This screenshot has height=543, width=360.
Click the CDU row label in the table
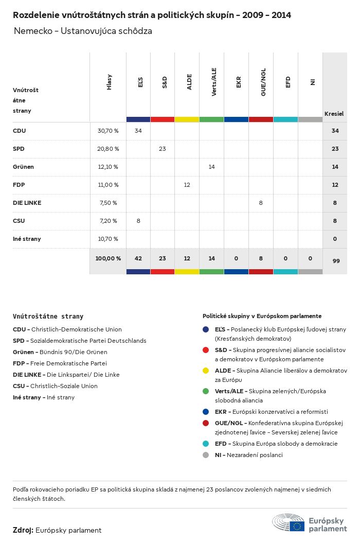20,131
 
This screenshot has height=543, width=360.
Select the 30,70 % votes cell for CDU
108,131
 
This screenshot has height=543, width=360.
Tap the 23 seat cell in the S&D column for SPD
163,149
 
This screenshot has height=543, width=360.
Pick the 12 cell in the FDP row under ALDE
187,185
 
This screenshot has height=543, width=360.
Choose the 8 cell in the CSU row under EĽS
138,221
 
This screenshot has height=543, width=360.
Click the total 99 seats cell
336,261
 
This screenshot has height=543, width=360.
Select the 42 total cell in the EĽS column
138,258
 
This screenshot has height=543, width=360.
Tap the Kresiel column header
334,113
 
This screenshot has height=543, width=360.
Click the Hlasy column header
109,82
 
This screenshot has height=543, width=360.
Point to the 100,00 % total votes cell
108,258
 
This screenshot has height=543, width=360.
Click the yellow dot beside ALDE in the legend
206,371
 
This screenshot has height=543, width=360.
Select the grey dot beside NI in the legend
206,455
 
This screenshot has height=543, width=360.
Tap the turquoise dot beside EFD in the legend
206,444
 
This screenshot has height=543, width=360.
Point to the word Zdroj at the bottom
23,530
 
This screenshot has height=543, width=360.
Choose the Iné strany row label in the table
27,239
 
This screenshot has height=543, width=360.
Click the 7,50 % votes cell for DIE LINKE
108,203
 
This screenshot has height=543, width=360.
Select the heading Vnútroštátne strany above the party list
48,317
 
